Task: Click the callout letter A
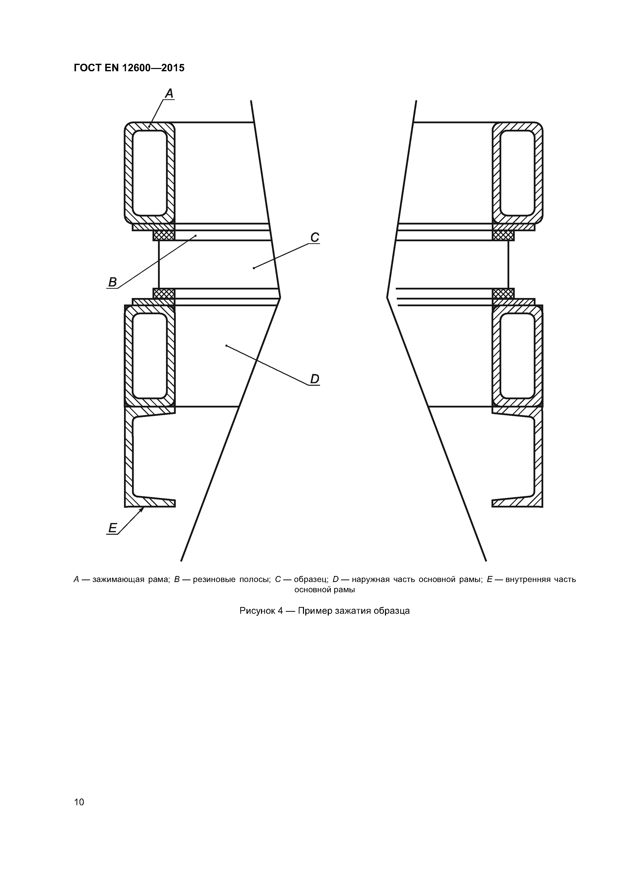point(169,93)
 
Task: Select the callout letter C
point(314,237)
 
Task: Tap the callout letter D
point(314,379)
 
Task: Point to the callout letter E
point(112,528)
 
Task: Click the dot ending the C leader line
point(254,268)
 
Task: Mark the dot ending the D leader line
point(226,346)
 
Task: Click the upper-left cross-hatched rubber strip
point(164,235)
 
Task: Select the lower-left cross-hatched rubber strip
point(164,293)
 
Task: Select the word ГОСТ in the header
point(87,68)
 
